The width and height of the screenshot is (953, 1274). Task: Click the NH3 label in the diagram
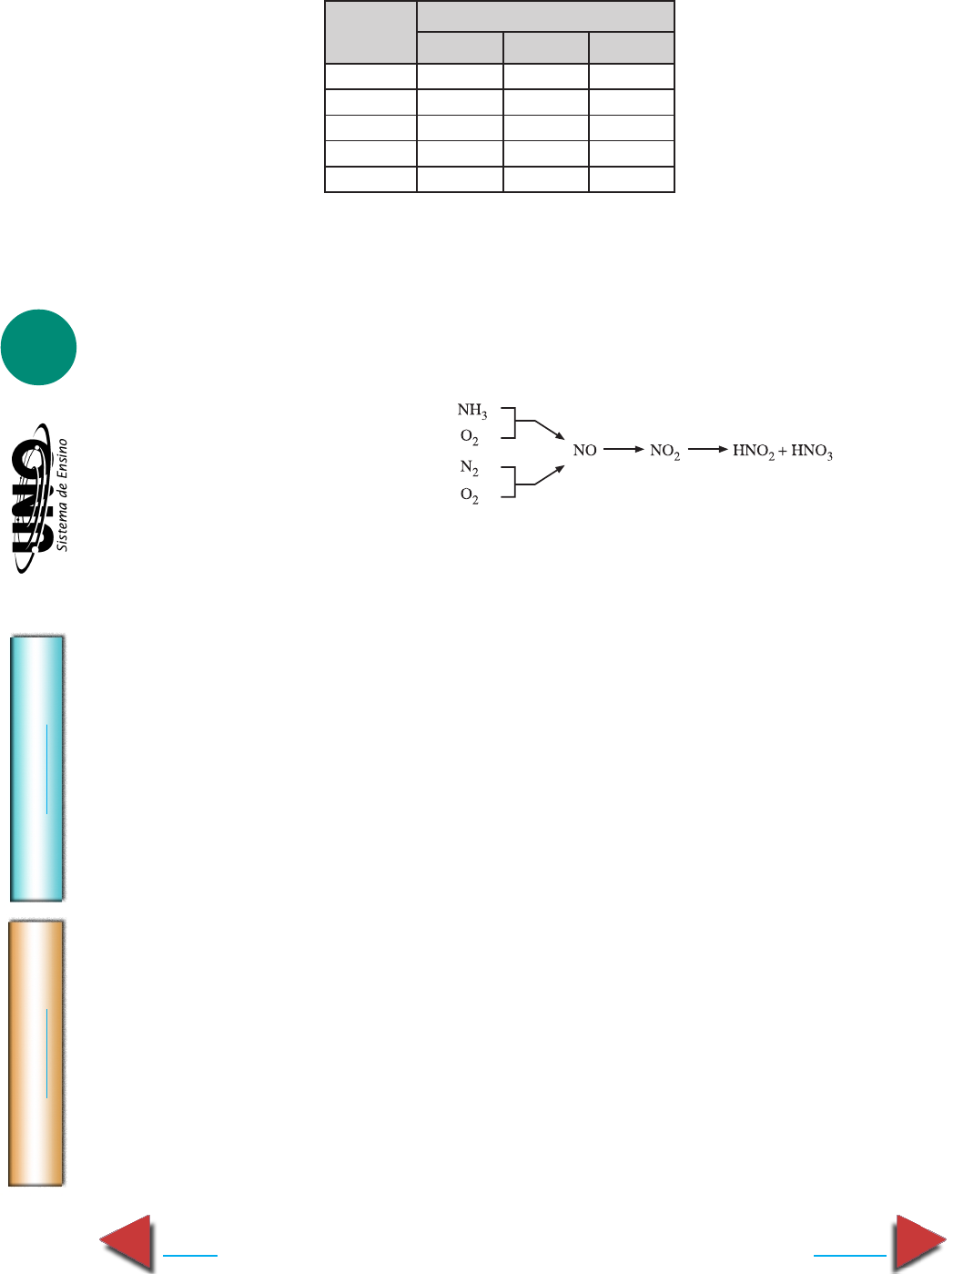pos(472,411)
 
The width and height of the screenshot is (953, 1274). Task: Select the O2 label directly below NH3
pos(470,437)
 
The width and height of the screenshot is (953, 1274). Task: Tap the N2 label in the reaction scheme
pos(470,468)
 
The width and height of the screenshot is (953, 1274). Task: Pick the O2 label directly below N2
pos(470,495)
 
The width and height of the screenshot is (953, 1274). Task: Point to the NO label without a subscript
pos(584,451)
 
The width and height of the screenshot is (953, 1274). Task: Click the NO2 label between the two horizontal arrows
pos(664,452)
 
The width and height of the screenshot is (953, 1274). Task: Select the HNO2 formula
pos(754,452)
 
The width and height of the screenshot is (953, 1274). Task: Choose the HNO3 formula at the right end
pos(812,452)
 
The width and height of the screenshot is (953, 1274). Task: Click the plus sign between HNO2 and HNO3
pos(783,451)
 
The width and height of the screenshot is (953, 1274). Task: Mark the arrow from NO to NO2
pos(624,449)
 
